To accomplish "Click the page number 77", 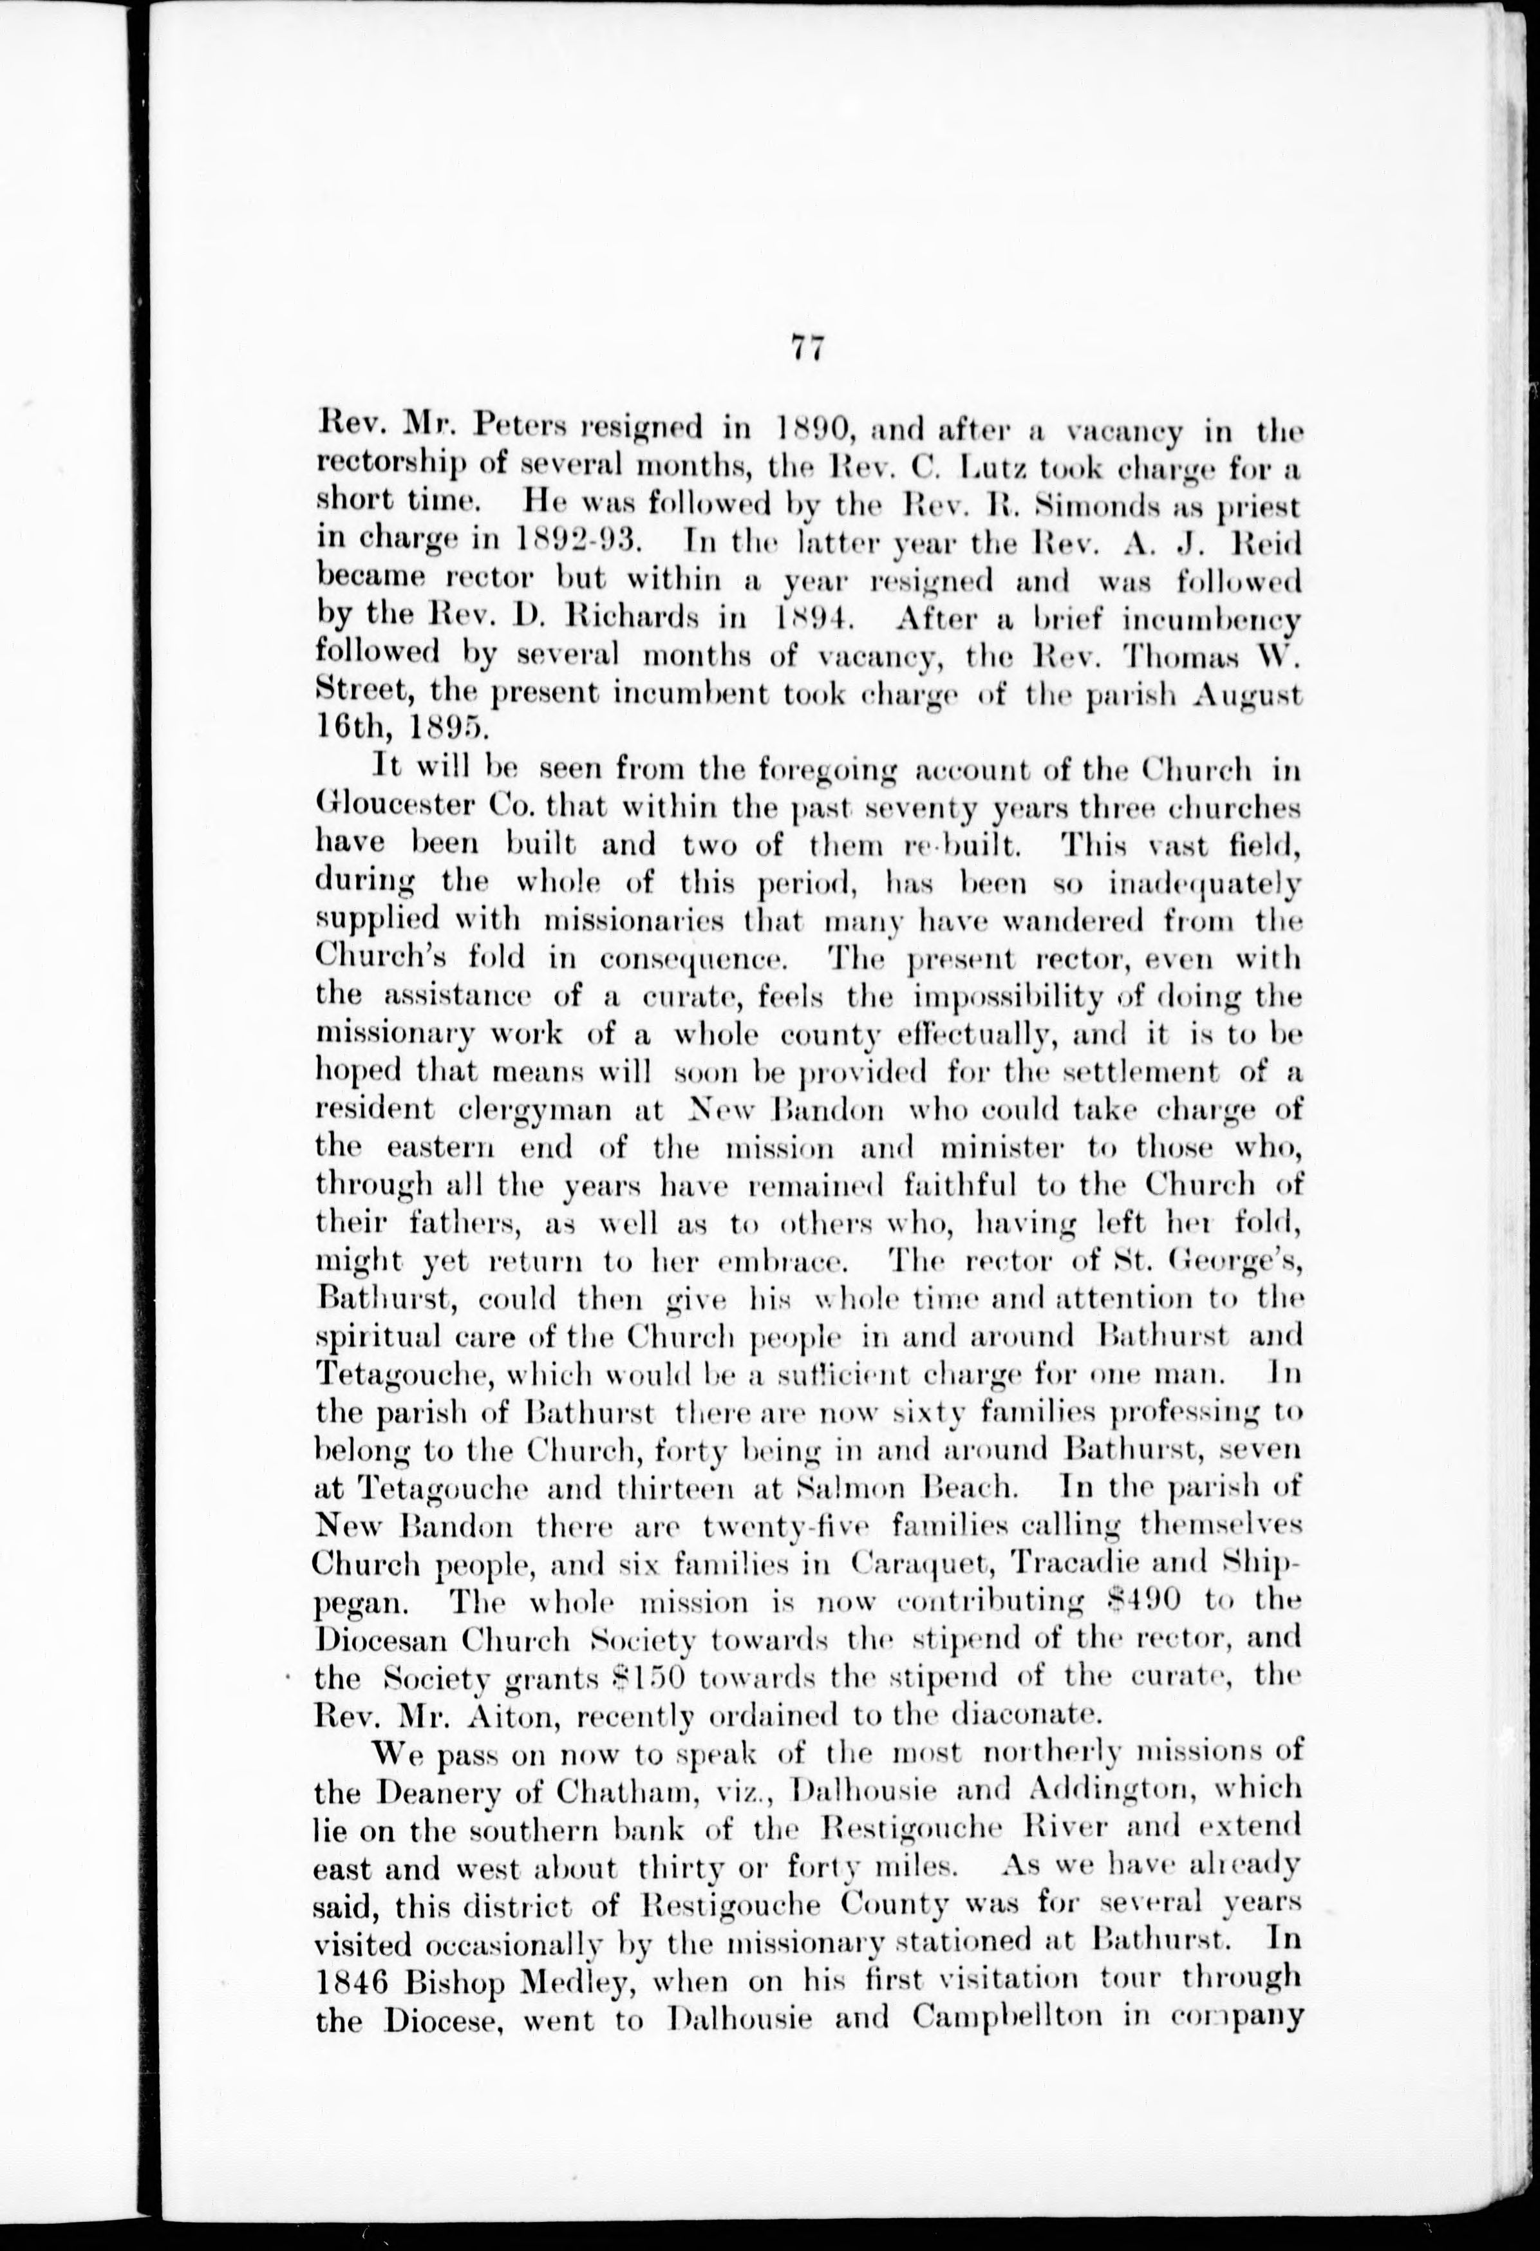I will point(806,348).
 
